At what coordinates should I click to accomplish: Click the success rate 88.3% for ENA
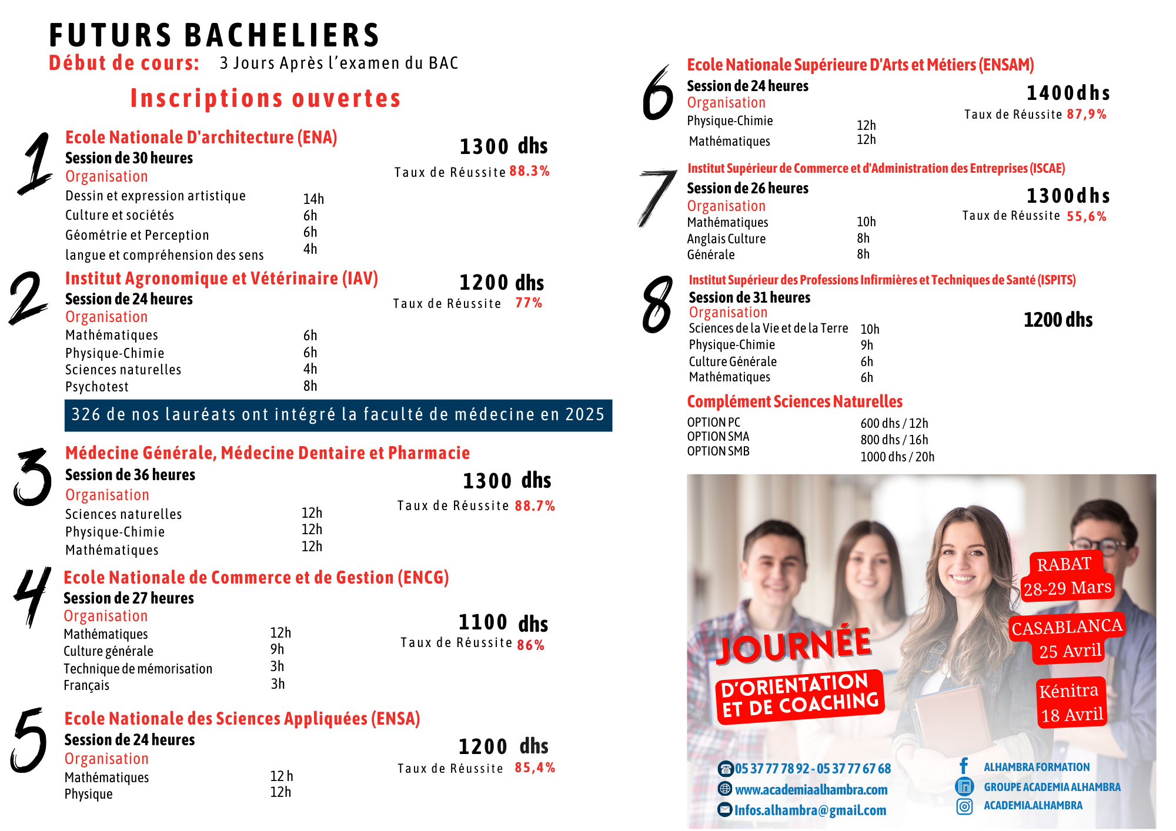[x=529, y=171]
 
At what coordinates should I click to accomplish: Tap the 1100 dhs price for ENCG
[x=503, y=623]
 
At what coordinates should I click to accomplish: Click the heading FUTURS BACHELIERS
[x=215, y=35]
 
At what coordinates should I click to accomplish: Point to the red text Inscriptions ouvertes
[x=265, y=98]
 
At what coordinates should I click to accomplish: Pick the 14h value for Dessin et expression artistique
[x=313, y=199]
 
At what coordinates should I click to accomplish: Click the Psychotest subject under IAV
[x=97, y=387]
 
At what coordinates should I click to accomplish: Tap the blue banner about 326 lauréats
[x=338, y=415]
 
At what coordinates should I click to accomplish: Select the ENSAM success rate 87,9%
[x=1087, y=114]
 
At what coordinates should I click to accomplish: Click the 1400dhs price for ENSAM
[x=1068, y=93]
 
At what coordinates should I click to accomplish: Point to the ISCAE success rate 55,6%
[x=1087, y=216]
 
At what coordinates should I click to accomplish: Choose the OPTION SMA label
[x=718, y=437]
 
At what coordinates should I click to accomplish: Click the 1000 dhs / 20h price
[x=897, y=457]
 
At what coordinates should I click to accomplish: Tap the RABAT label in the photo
[x=1064, y=564]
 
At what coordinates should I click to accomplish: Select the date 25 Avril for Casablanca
[x=1070, y=651]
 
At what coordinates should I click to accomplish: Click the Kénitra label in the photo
[x=1068, y=691]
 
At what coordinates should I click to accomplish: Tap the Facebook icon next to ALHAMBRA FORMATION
[x=964, y=766]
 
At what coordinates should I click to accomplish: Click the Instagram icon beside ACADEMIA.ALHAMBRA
[x=964, y=806]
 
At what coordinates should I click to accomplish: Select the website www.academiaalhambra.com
[x=811, y=789]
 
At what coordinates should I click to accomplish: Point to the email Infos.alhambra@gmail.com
[x=810, y=810]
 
